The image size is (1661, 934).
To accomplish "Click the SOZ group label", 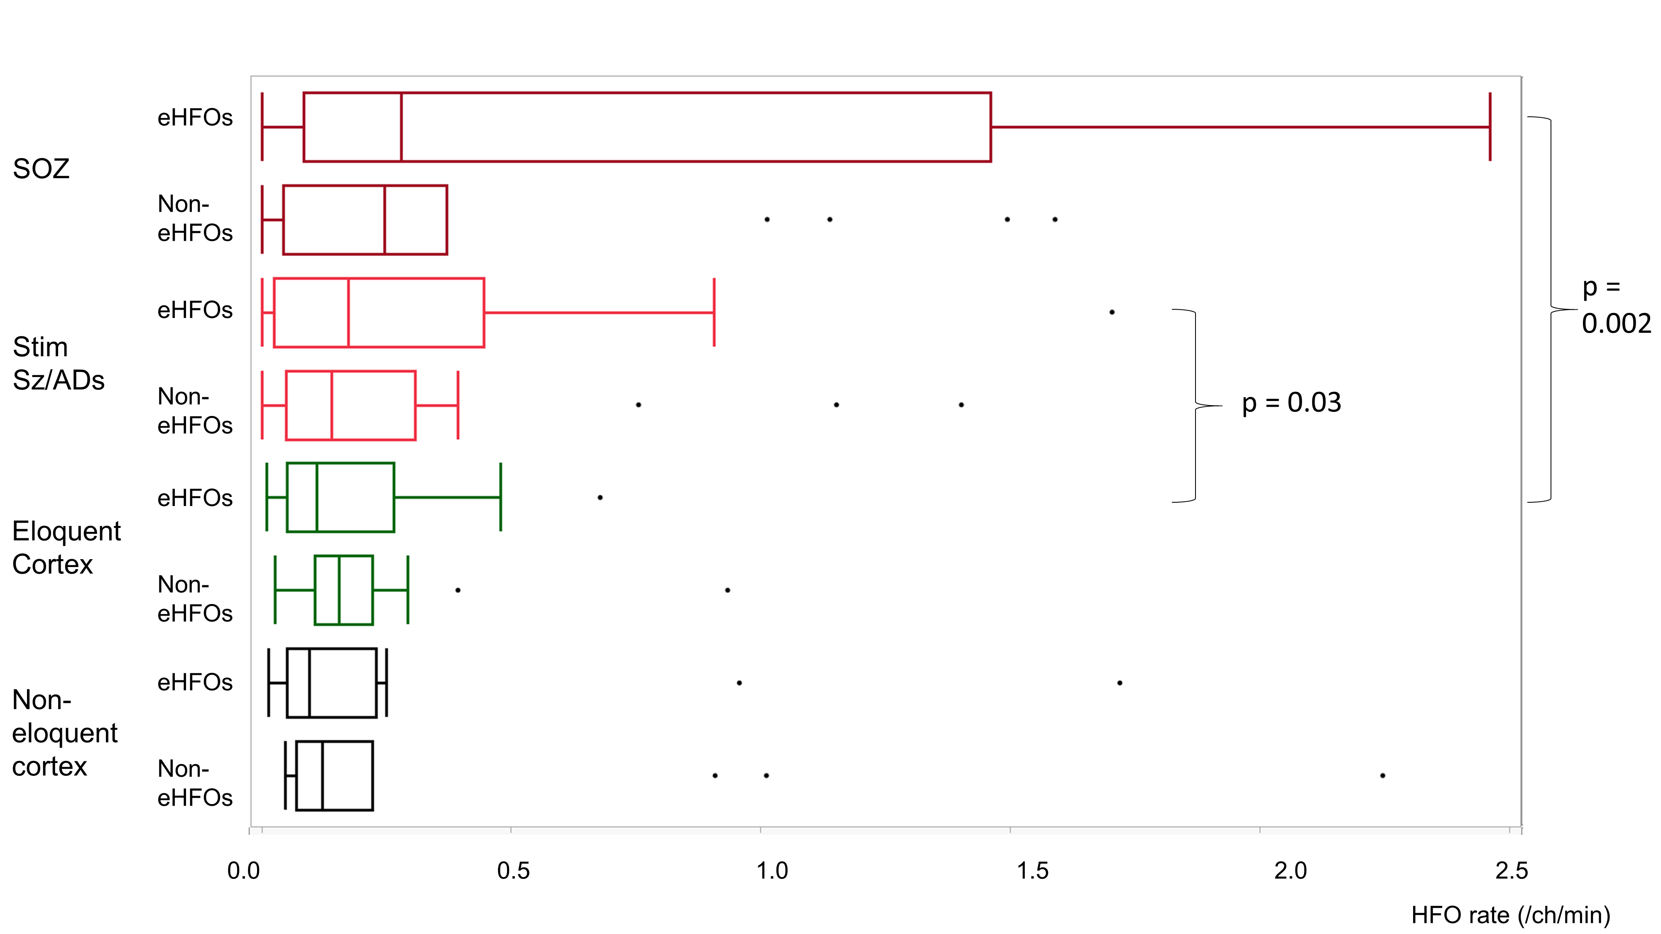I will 41,169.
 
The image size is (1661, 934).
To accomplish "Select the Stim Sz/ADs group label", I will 58,364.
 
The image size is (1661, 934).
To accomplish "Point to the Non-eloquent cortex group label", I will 64,733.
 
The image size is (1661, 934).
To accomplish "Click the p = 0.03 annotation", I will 1291,403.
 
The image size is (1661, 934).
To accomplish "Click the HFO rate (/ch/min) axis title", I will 1510,914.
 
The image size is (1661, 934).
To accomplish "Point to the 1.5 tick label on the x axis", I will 1032,871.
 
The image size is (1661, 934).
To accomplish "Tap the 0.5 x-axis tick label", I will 513,871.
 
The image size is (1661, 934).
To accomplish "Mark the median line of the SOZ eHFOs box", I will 401,127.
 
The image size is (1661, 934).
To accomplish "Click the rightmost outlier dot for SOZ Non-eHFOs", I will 1055,220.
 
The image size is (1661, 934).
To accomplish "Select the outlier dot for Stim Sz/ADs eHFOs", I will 1112,313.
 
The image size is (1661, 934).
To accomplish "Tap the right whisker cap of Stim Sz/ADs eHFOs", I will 714,313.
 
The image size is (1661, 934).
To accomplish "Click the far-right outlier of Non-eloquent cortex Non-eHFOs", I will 1382,775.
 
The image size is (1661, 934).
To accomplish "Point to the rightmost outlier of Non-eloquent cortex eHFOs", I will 1120,682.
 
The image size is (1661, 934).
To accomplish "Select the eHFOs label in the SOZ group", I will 195,117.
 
